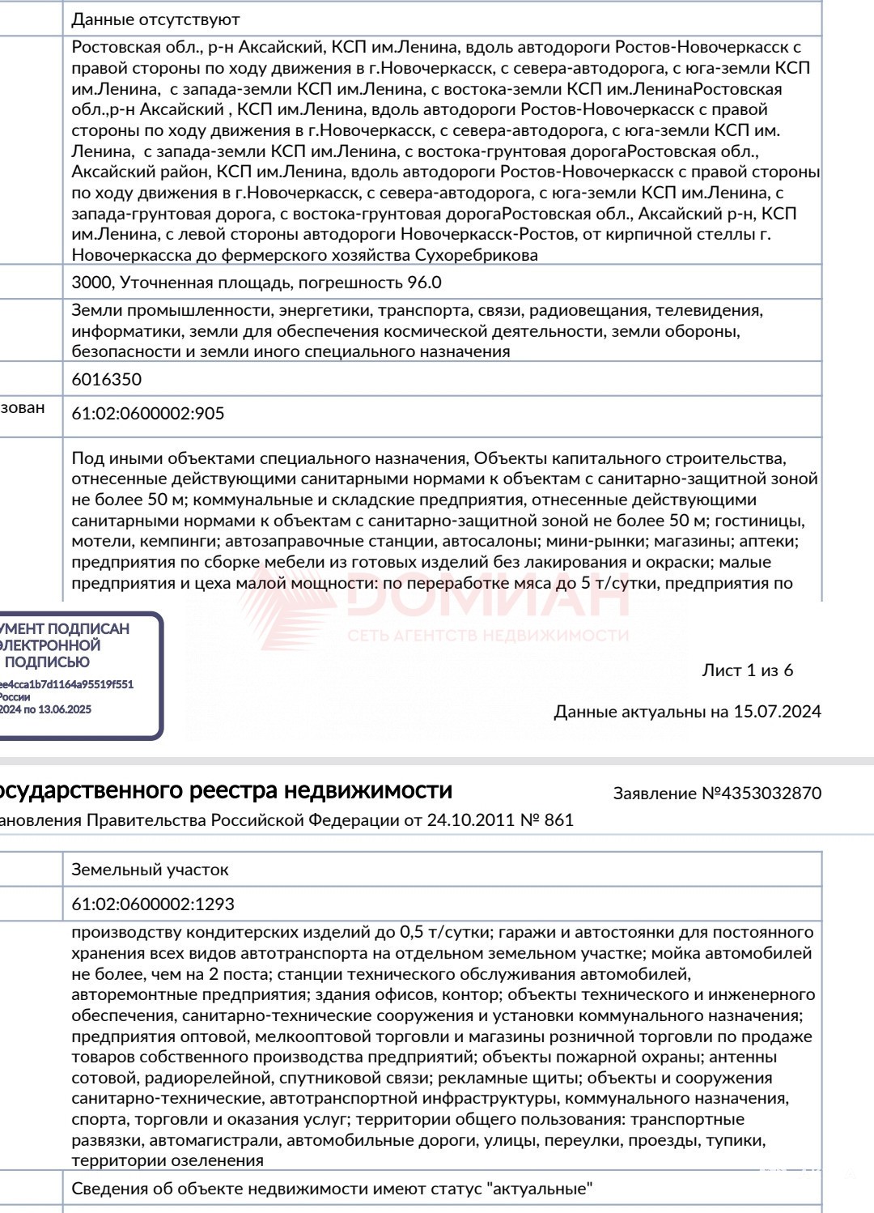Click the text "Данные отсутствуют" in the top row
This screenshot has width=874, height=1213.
(155, 19)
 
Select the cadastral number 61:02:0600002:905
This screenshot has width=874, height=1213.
(148, 413)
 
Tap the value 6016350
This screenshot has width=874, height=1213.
(106, 379)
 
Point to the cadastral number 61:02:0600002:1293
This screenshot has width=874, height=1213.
(153, 904)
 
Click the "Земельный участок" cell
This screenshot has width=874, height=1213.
(150, 870)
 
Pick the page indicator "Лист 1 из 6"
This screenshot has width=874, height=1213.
(747, 670)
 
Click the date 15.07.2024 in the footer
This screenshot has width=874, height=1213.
(777, 712)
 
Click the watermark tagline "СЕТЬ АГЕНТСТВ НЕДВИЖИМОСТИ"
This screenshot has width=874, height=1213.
(488, 636)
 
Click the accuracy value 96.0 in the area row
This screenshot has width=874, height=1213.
(424, 283)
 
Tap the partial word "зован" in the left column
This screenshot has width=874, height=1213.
(23, 407)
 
